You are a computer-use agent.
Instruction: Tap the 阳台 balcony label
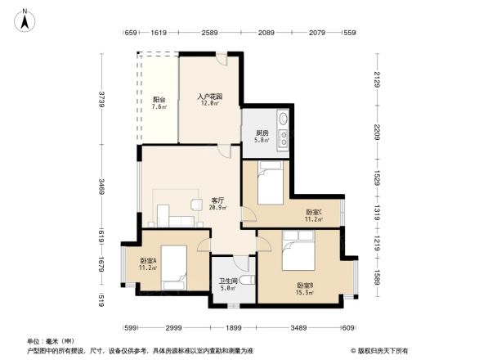160,103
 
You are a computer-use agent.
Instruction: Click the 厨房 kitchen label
262,136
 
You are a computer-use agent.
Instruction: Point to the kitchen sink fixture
283,130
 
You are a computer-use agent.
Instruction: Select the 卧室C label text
314,215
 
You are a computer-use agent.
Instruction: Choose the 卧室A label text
147,264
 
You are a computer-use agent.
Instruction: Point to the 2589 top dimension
210,33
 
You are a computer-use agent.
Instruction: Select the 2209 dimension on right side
378,132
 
